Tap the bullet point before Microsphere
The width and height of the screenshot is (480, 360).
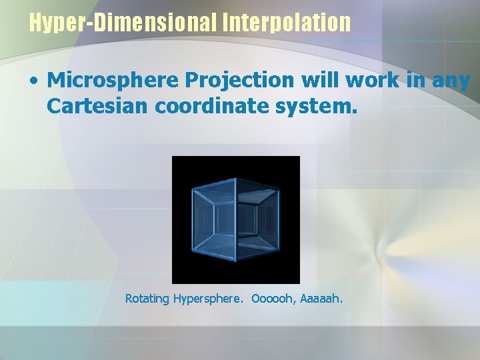[x=33, y=81]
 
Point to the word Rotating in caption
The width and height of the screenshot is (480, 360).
[x=147, y=299]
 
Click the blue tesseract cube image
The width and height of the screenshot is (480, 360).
[x=236, y=219]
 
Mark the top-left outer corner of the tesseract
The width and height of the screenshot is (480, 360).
[x=193, y=187]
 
